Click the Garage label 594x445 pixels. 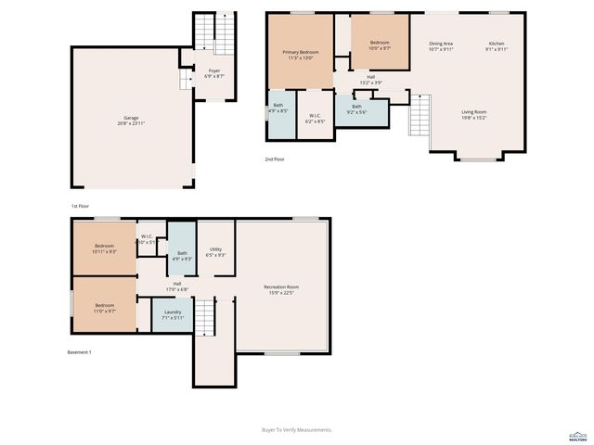tap(132, 120)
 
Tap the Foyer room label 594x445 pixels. tap(214, 73)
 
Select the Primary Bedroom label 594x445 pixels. tap(303, 55)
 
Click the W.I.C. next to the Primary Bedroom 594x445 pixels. tap(316, 118)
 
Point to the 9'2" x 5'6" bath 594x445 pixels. tap(357, 108)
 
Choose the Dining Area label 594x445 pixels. tap(441, 46)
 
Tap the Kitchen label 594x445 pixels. tap(497, 46)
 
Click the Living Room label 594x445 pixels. tap(474, 115)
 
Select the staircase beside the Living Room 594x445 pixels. tap(421, 116)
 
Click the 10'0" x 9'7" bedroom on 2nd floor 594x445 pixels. tap(380, 45)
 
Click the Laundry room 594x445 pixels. tap(173, 314)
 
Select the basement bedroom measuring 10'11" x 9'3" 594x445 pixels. tap(104, 249)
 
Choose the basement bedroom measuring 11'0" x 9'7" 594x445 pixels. tap(104, 308)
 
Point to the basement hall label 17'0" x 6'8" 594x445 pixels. tap(176, 286)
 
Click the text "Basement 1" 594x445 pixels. tap(80, 352)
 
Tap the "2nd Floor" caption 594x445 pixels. tap(274, 159)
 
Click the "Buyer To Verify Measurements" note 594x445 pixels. tap(296, 429)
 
